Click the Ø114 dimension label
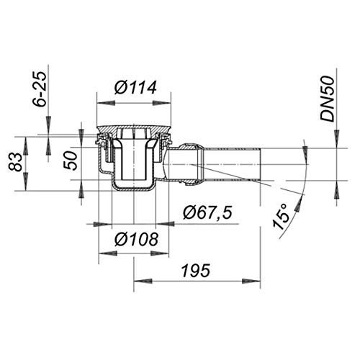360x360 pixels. pyautogui.click(x=135, y=87)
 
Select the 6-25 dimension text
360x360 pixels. pyautogui.click(x=39, y=89)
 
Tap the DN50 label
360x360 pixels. pyautogui.click(x=328, y=99)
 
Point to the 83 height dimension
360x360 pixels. pyautogui.click(x=15, y=163)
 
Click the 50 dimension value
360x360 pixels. pyautogui.click(x=70, y=161)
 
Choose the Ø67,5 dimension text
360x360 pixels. pyautogui.click(x=207, y=212)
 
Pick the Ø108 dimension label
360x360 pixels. pyautogui.click(x=136, y=239)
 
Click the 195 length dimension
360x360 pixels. pyautogui.click(x=196, y=271)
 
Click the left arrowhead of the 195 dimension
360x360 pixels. pyautogui.click(x=143, y=281)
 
